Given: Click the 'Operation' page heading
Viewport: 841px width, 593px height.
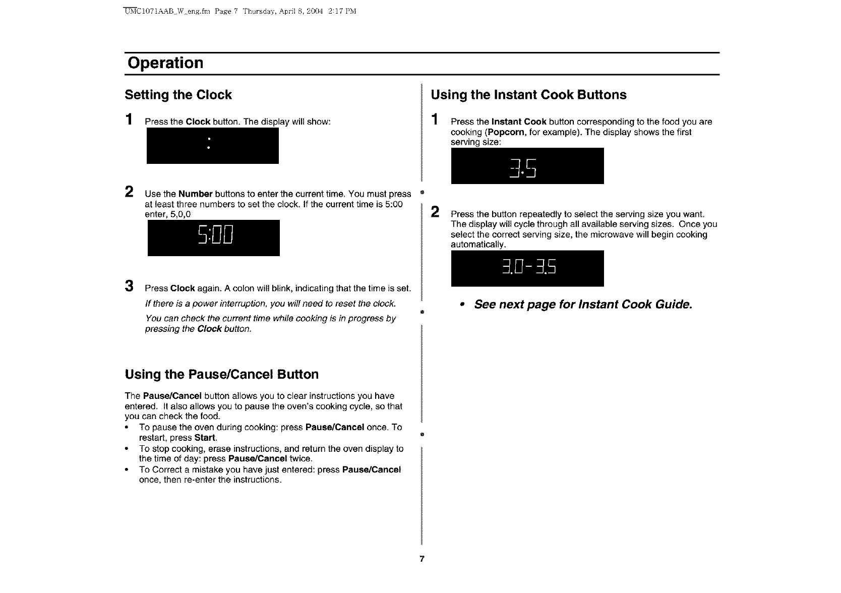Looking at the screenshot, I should point(165,63).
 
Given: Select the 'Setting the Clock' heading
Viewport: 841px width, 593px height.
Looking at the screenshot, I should point(178,95).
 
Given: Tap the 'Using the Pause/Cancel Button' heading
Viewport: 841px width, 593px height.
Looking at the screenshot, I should point(221,374).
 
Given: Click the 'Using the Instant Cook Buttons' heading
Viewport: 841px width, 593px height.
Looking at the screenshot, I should point(528,95).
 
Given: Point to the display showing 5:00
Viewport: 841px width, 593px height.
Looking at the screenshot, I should point(213,238).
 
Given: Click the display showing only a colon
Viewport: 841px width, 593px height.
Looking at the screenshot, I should point(212,145).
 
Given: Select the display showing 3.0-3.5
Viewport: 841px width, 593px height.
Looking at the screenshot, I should point(527,268).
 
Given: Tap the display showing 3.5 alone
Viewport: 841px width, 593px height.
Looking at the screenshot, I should point(527,166).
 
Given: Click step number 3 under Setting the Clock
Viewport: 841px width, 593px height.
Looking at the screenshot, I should point(130,286).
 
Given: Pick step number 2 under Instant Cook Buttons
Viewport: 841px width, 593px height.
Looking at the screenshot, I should point(435,212).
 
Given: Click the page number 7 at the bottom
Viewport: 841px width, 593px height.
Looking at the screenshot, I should point(422,559).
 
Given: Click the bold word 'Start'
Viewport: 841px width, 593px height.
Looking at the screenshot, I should point(205,438).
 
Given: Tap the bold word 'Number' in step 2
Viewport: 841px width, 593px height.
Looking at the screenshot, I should point(195,194).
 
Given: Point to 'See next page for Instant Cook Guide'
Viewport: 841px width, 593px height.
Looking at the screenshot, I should point(583,305).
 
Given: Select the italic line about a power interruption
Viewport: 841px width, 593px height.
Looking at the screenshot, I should point(270,304).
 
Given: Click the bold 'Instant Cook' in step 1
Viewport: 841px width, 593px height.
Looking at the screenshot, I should point(519,122).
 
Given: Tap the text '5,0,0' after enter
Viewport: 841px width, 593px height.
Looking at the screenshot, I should point(181,214).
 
